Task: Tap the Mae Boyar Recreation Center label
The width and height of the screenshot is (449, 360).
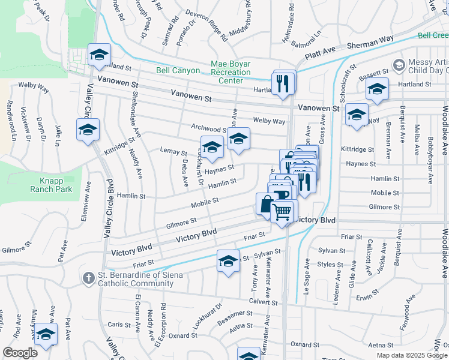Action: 231,72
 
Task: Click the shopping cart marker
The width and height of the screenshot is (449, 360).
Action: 283,212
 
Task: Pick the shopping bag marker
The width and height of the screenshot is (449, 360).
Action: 266,204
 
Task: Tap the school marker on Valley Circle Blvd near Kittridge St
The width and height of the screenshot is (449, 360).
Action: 88,130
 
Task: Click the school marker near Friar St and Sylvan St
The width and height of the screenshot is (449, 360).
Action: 228,261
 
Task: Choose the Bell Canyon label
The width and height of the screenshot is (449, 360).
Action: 178,70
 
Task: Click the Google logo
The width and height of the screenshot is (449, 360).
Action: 20,352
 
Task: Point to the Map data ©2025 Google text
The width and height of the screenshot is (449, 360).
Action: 412,355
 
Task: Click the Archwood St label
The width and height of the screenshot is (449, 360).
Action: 207,128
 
